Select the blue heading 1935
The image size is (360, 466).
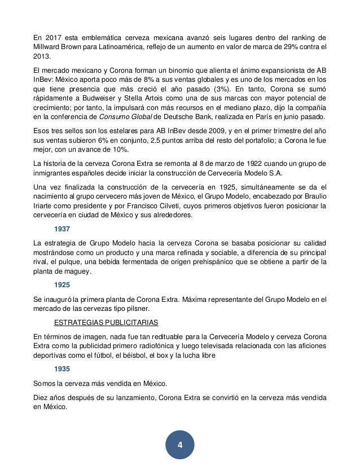[x=63, y=370]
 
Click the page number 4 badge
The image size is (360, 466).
[x=180, y=445]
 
